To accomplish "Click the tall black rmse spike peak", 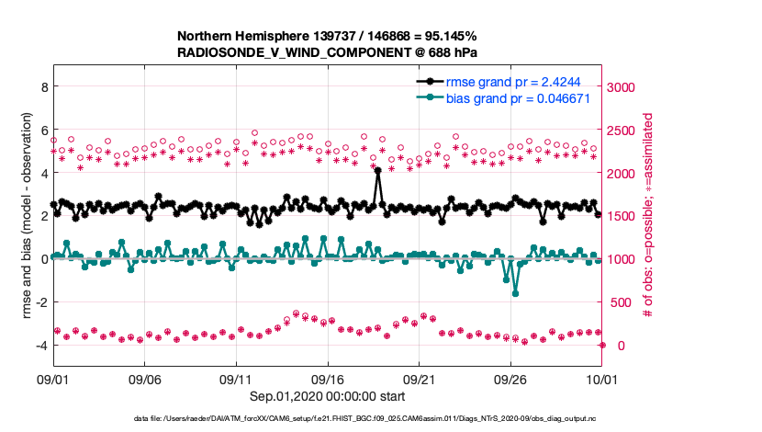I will tap(377, 170).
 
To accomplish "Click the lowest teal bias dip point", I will tap(515, 293).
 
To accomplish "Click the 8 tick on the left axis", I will tap(42, 86).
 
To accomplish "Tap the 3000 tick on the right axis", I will tap(622, 86).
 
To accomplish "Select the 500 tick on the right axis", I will tap(619, 302).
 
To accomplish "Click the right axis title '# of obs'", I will tap(648, 216).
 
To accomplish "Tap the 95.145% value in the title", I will tap(445, 37).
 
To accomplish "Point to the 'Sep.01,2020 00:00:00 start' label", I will tap(327, 396).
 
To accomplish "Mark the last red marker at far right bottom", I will tap(602, 345).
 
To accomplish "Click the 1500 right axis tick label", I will tap(622, 216).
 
